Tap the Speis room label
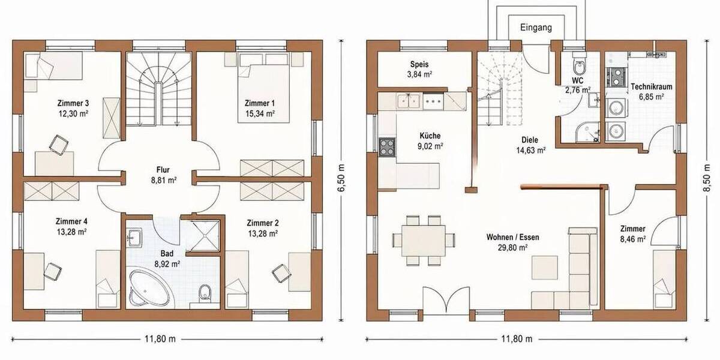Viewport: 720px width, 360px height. (x=419, y=64)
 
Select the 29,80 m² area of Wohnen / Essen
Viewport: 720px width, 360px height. (x=512, y=247)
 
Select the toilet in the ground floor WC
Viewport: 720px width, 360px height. (x=580, y=66)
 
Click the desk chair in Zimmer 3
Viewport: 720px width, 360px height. (x=58, y=144)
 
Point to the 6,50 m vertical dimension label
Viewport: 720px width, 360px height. (x=341, y=178)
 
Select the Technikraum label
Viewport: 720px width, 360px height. (x=651, y=86)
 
